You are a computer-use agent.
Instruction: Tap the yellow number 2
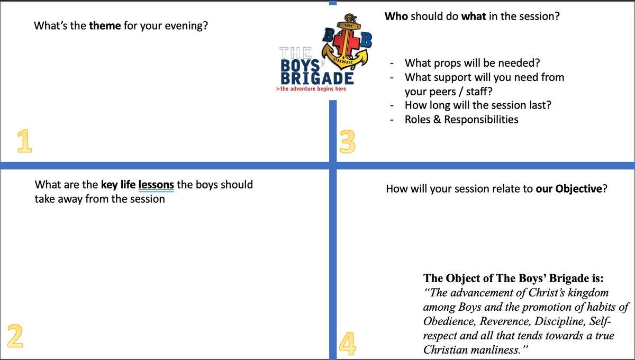pyautogui.click(x=15, y=335)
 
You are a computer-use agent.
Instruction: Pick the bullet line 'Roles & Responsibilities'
pyautogui.click(x=461, y=120)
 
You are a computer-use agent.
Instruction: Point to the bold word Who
pyautogui.click(x=395, y=16)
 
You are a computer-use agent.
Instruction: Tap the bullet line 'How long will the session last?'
pyautogui.click(x=478, y=105)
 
